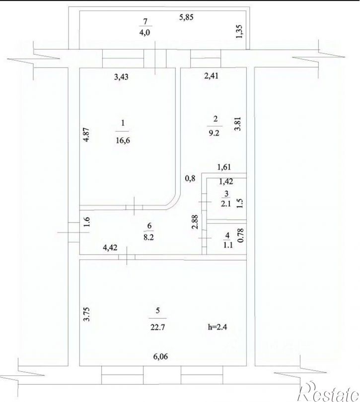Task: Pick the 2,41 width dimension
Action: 213,76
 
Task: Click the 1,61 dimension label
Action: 224,167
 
